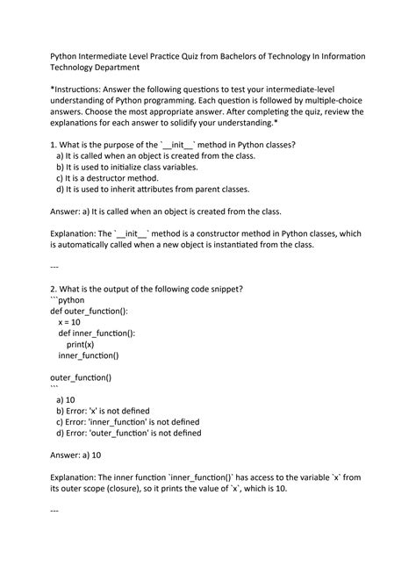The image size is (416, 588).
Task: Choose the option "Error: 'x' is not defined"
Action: pyautogui.click(x=102, y=411)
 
